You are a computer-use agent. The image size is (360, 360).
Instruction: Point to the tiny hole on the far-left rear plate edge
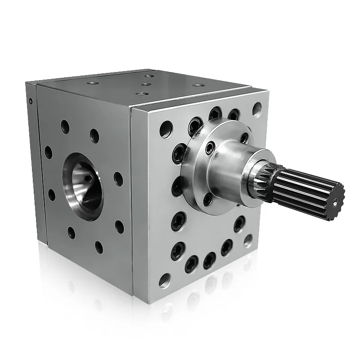click(31, 101)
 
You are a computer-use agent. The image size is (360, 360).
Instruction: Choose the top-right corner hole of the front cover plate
click(256, 108)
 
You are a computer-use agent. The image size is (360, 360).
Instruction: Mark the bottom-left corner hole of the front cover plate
click(164, 280)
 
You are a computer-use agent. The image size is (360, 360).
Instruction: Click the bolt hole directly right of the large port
click(118, 179)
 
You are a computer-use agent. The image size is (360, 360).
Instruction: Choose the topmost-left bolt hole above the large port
click(65, 126)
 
